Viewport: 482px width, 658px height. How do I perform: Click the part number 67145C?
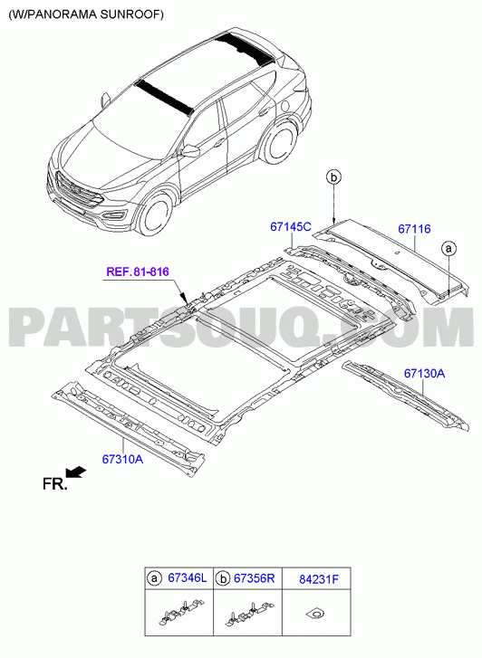[291, 227]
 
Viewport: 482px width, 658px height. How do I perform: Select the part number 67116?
[414, 229]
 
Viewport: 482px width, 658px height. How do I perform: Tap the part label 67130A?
[424, 373]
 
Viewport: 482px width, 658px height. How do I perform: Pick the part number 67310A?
[122, 459]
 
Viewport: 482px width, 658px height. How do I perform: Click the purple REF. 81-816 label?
[138, 272]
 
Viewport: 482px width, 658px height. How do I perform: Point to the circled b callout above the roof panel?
[333, 177]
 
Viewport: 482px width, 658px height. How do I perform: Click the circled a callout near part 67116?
[448, 249]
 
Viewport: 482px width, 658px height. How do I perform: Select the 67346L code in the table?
[188, 577]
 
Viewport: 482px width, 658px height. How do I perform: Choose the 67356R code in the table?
[255, 578]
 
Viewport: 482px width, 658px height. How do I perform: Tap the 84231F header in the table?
[319, 579]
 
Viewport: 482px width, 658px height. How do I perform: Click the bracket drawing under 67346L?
[181, 613]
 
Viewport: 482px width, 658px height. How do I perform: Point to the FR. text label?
[54, 484]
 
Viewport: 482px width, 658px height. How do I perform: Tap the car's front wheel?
[156, 216]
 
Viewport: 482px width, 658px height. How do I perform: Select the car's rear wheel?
[278, 143]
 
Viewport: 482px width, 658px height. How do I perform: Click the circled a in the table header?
[154, 578]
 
